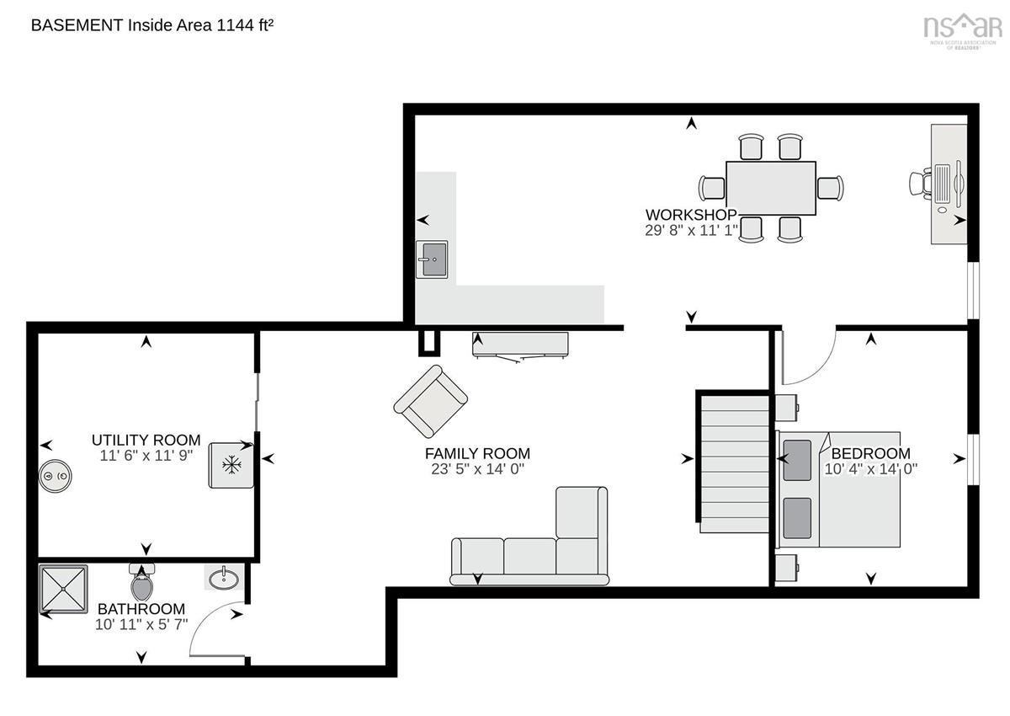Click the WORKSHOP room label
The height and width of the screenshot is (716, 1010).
691,215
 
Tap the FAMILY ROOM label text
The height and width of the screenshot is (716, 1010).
477,453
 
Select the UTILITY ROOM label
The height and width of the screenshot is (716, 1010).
146,440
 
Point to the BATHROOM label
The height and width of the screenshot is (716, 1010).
141,609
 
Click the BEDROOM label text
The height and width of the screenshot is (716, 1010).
870,453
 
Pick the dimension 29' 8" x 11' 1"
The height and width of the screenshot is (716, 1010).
691,231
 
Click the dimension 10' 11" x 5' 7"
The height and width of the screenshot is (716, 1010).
141,625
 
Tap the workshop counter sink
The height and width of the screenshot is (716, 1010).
432,259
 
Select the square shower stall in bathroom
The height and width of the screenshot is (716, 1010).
64,589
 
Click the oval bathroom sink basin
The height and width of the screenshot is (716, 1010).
224,579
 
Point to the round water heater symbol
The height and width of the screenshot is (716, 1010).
55,476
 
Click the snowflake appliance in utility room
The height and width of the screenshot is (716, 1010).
231,465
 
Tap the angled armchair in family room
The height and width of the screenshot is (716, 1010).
431,401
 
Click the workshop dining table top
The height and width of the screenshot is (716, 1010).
771,188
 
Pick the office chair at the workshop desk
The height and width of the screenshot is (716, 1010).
921,184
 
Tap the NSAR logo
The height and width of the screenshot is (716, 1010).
963,30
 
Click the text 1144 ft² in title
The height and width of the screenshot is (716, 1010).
245,24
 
